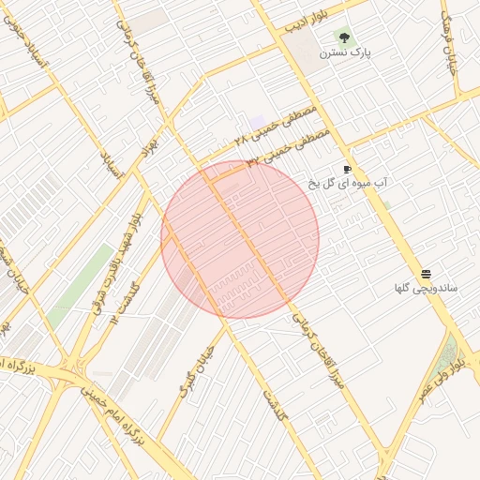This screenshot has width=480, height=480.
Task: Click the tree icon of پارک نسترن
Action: [344, 37]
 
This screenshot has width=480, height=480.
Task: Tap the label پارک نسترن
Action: [345, 53]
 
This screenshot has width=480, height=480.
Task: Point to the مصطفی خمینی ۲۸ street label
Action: [277, 127]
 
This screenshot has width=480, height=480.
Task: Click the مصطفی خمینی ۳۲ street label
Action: [289, 148]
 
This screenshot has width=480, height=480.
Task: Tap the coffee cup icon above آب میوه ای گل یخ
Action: [347, 170]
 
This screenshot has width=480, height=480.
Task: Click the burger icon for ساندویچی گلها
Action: [427, 273]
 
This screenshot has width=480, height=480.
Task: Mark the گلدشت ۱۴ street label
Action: [123, 301]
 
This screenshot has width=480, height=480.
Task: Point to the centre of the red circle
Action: [240, 238]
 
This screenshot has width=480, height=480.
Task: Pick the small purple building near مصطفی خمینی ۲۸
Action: [258, 123]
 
